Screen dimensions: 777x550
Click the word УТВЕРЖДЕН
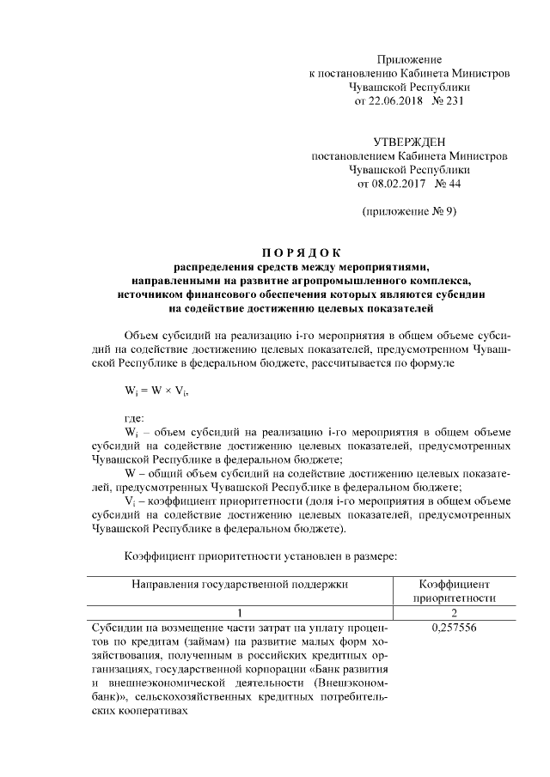point(408,143)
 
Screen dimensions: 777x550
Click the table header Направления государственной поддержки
point(240,584)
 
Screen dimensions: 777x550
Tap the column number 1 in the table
point(241,612)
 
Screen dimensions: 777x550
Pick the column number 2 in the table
point(452,612)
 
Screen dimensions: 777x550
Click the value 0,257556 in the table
point(452,627)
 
